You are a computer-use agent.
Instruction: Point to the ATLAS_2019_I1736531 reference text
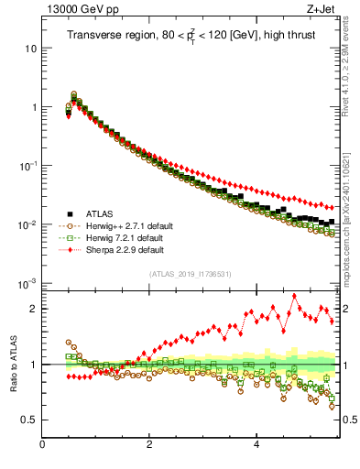click(191, 274)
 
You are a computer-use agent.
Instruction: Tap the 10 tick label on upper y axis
click(30, 48)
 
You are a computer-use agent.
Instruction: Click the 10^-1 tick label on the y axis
click(27, 165)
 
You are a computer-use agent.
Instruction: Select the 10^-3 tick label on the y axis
click(27, 283)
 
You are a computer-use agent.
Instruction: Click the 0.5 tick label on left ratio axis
click(27, 420)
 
